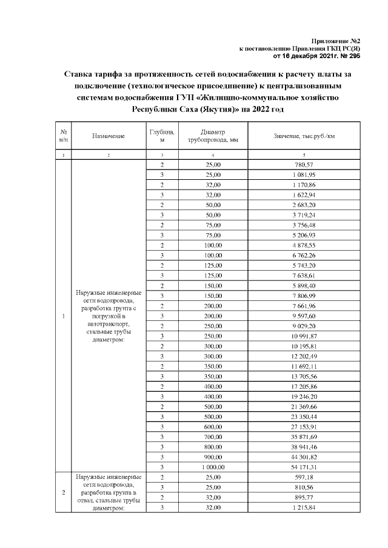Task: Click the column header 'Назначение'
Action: tap(109, 136)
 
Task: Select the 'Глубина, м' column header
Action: tap(162, 136)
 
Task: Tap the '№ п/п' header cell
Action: tap(63, 136)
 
